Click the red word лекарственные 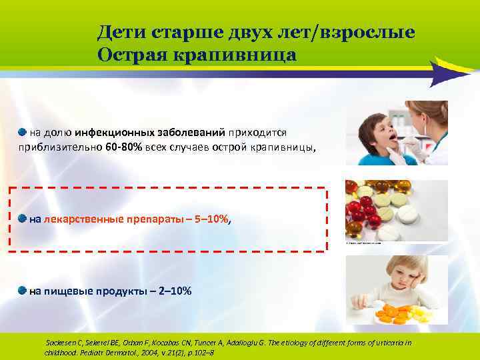[83, 219]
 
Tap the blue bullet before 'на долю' [22, 131]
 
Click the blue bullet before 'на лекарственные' [22, 218]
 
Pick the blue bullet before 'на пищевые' [22, 290]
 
